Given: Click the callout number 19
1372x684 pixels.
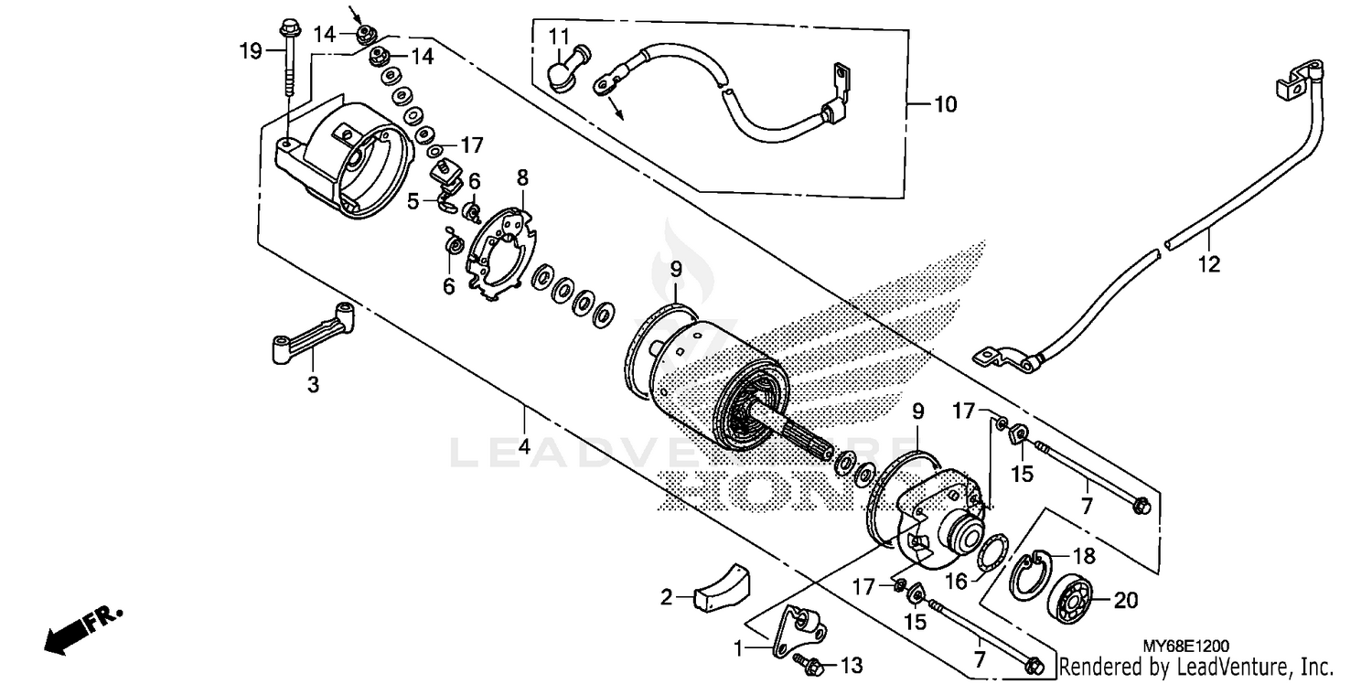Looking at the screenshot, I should (x=251, y=50).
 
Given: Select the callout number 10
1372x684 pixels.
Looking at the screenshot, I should (x=945, y=105).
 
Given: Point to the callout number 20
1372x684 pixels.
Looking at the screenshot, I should (x=1127, y=600).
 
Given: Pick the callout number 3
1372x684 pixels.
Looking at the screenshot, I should (x=313, y=386).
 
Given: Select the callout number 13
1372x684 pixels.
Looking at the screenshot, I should (x=851, y=665).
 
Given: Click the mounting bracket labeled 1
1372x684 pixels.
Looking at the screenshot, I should (x=792, y=630).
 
